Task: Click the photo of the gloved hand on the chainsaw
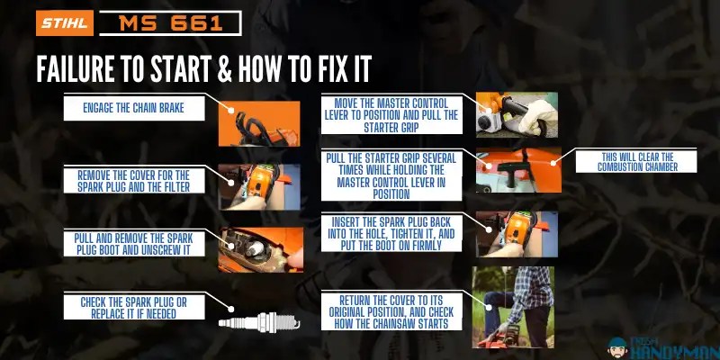coord(517,113)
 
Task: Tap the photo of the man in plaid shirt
coord(513,306)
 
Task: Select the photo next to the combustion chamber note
coord(518,170)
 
